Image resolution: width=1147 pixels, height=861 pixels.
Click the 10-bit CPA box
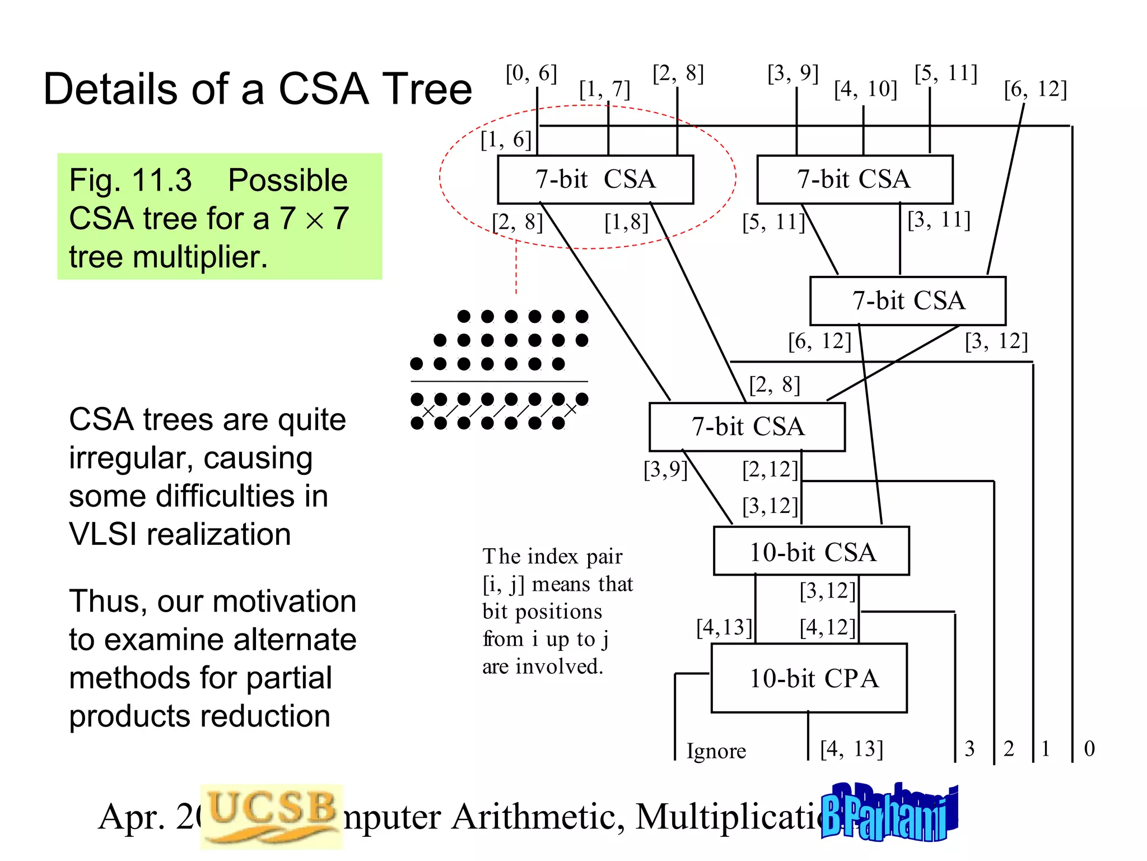click(x=809, y=678)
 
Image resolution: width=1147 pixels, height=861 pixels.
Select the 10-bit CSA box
click(x=811, y=552)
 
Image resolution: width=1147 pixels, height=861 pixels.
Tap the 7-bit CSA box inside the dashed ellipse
click(x=595, y=180)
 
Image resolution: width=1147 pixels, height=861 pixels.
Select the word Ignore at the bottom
click(x=716, y=751)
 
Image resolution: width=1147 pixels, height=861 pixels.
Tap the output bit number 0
click(x=1089, y=749)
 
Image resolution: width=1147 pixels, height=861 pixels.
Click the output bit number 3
click(x=969, y=749)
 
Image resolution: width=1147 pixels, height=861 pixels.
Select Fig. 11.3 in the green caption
click(x=130, y=180)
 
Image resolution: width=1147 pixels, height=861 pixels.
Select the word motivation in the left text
click(x=285, y=601)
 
